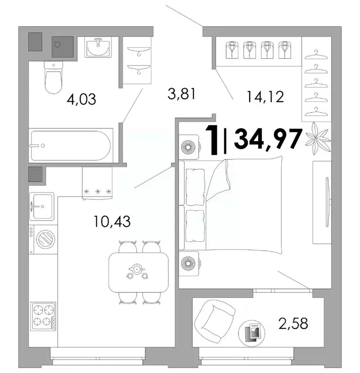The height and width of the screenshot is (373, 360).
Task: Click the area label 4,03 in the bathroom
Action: coord(81,100)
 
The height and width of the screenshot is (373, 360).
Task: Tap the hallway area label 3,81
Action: coord(181,93)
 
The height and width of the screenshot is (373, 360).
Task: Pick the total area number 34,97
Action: coord(268,139)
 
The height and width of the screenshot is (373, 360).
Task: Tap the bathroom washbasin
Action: coord(99,48)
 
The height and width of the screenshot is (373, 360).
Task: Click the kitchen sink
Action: coord(42,206)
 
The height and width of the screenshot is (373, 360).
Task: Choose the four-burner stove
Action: coord(43,316)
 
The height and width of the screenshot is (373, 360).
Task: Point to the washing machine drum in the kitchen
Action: coord(46,240)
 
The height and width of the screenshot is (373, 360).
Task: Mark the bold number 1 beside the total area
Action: coord(213,140)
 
